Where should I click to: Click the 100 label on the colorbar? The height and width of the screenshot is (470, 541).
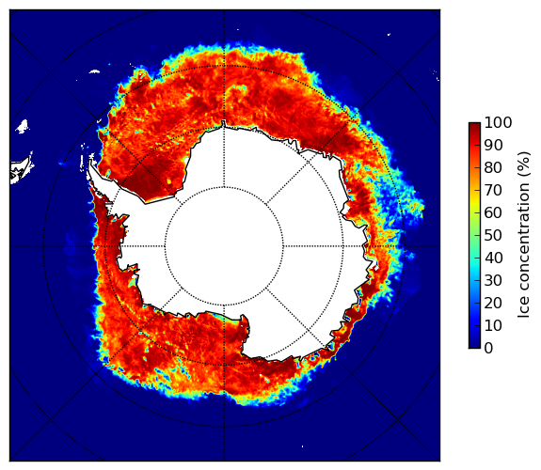tap(498, 122)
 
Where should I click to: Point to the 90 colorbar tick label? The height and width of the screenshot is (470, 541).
tap(493, 145)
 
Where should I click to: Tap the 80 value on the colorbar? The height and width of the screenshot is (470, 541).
tap(493, 168)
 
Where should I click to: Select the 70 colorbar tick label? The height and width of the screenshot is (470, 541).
tap(493, 190)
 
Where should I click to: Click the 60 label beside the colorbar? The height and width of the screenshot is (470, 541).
tap(493, 213)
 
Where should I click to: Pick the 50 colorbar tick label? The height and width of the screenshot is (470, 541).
tap(493, 236)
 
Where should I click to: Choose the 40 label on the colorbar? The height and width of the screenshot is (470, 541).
tap(493, 258)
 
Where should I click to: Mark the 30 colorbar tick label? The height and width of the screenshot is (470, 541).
tap(493, 281)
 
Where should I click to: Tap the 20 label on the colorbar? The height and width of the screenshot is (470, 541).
tap(493, 303)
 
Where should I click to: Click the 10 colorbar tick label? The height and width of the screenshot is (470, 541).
tap(493, 325)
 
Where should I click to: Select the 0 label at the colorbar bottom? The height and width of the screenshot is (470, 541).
tap(488, 349)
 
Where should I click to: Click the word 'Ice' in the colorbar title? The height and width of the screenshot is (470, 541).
tap(523, 307)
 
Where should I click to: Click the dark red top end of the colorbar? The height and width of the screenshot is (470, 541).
tap(474, 125)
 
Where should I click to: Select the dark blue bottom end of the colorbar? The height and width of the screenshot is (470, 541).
tap(474, 346)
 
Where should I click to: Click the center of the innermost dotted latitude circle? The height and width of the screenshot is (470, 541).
tap(224, 246)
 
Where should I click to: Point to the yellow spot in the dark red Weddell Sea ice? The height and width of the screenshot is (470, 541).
tap(168, 180)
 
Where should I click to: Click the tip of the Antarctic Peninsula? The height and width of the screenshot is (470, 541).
tap(90, 161)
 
